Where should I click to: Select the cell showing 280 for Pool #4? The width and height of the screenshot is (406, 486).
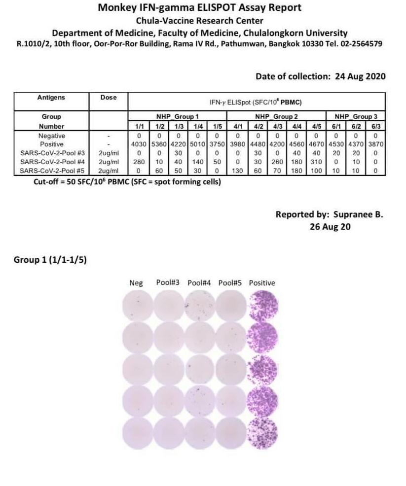coord(139,162)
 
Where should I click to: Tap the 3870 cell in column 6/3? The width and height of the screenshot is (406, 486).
coord(375,144)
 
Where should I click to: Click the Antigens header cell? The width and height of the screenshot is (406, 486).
coord(51,98)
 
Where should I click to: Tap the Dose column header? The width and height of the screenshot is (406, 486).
coord(109,98)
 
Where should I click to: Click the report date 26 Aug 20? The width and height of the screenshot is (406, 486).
coord(330,227)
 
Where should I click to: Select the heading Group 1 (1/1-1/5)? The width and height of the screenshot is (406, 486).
coord(50,260)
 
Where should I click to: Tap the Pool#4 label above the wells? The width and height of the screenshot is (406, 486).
coord(199,283)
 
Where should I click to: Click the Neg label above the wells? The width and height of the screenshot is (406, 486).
coord(136,283)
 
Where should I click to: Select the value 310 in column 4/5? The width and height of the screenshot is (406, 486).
coord(315,162)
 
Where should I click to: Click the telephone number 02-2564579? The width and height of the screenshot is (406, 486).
coord(361,43)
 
